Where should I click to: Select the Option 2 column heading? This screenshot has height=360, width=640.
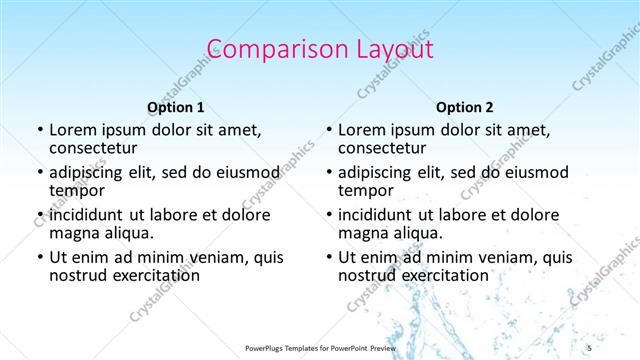click(465, 107)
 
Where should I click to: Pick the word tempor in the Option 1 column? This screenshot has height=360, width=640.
click(76, 190)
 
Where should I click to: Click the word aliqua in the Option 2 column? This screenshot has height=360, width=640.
click(417, 233)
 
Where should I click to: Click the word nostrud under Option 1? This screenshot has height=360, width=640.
click(77, 275)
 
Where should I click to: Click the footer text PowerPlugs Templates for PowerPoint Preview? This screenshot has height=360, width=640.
click(320, 347)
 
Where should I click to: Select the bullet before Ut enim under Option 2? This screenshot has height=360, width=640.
click(329, 257)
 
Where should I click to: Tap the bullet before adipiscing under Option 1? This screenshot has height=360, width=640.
click(40, 172)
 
